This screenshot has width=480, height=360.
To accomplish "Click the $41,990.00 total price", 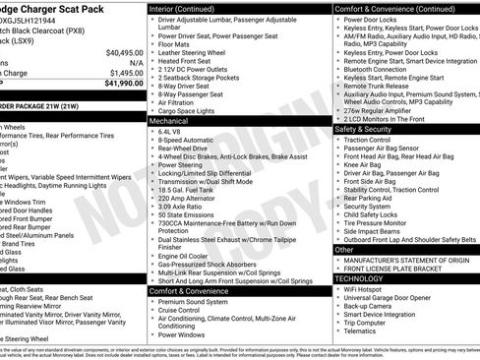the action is tap(120, 84).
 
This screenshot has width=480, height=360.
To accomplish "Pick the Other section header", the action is tap(345, 250).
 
